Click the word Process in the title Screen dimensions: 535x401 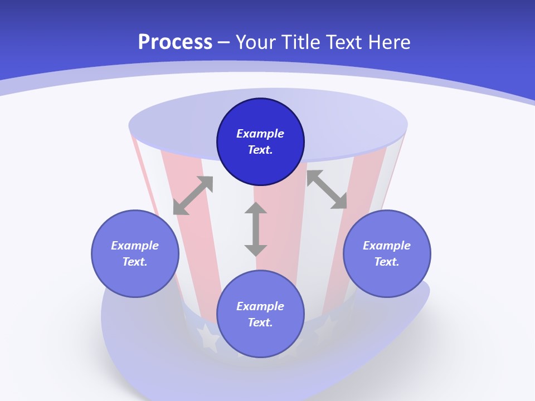point(175,42)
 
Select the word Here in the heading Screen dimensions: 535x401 point(389,42)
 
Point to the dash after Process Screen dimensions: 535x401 point(224,43)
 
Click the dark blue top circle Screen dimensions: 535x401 point(260,141)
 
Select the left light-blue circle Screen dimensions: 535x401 point(135,253)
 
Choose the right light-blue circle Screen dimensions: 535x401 point(387,253)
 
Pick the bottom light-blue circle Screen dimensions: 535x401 point(260,314)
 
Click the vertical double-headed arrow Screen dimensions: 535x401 point(256,229)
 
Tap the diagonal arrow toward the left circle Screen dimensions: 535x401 point(193,195)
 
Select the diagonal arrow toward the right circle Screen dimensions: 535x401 point(327,189)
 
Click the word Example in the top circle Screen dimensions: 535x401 point(260,134)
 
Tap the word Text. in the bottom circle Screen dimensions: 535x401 point(260,322)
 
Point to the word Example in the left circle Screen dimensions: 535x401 point(135,246)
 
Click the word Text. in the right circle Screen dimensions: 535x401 point(387,262)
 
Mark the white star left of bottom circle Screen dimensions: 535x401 point(207,338)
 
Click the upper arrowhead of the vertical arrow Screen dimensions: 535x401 point(256,208)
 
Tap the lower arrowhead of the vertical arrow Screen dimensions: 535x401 point(256,251)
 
